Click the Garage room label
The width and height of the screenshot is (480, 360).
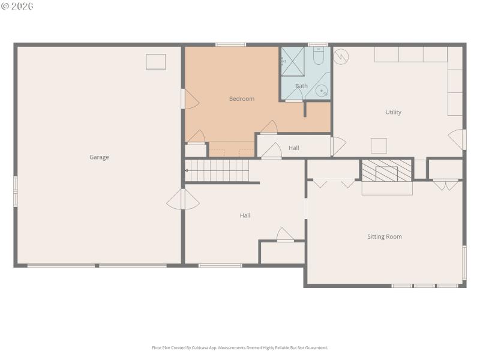99,157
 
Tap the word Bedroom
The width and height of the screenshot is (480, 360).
242,99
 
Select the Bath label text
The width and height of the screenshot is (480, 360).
301,86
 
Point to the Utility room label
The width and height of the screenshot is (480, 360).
394,112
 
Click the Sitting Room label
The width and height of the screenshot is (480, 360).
385,236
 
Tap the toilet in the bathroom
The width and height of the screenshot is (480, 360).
319,58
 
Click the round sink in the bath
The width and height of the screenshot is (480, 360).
322,91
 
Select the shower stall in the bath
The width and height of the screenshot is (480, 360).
293,61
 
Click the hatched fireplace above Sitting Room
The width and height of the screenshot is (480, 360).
387,170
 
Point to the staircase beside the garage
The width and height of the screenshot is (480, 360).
217,170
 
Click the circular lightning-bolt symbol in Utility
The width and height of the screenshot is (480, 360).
341,56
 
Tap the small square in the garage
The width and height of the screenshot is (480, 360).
156,62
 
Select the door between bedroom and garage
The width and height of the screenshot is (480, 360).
190,99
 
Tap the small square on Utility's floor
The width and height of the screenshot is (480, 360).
379,146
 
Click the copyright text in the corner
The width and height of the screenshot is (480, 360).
17,6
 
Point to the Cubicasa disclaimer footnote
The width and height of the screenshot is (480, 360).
240,348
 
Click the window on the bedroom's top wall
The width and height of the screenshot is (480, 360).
231,44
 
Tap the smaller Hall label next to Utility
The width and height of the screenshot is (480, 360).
294,148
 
